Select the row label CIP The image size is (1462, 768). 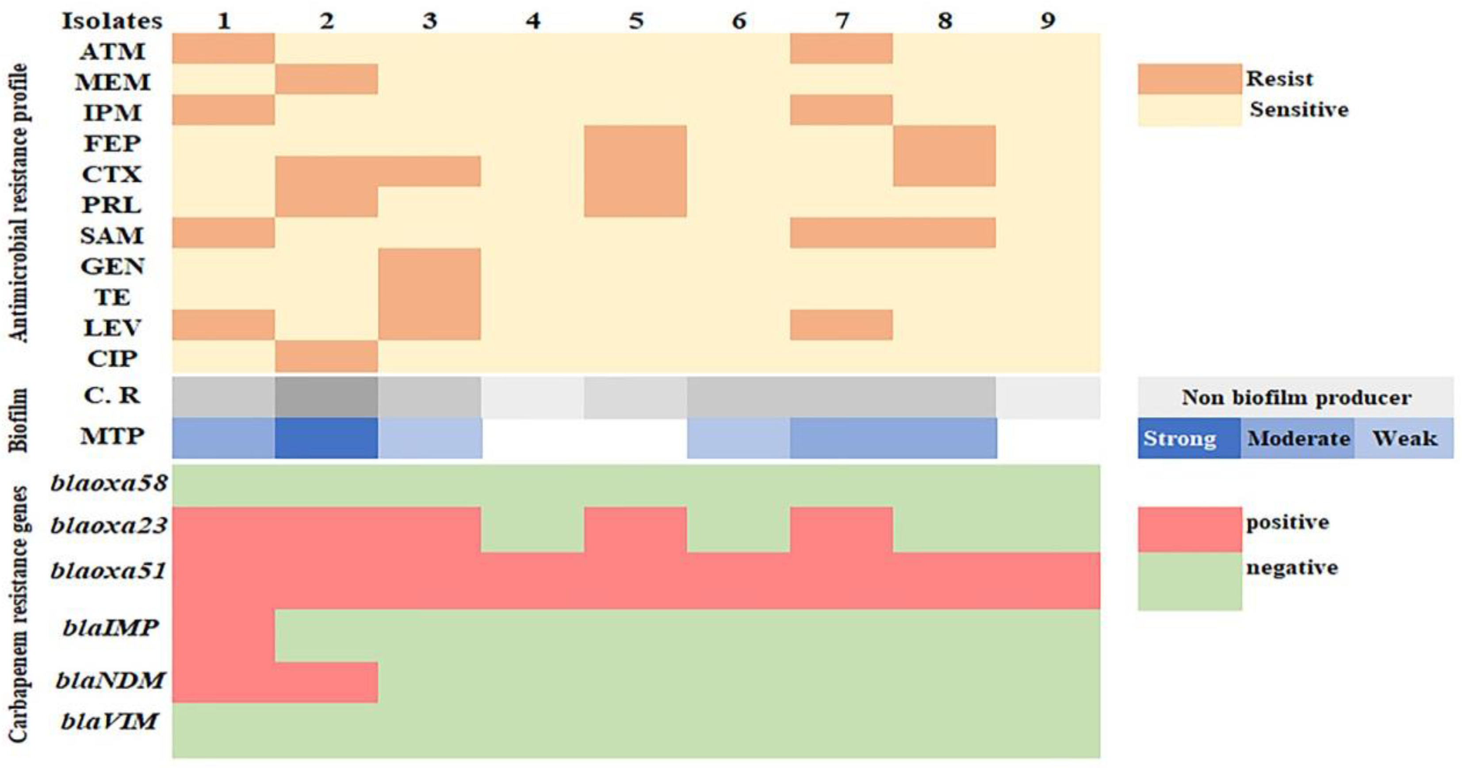112,359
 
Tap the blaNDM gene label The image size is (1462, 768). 110,680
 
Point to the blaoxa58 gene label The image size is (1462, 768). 109,483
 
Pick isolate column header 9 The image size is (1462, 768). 1048,21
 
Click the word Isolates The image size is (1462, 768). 112,21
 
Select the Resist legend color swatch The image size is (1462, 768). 1190,79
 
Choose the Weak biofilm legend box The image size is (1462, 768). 1404,438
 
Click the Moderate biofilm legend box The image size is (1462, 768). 1298,438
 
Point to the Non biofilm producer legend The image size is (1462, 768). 1296,398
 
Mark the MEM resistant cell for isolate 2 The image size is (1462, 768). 326,79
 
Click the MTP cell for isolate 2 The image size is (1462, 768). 326,438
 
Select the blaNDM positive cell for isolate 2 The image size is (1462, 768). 326,682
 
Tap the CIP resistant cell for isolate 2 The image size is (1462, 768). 326,356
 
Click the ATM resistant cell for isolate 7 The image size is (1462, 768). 841,48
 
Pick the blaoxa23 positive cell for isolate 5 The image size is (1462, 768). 635,529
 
